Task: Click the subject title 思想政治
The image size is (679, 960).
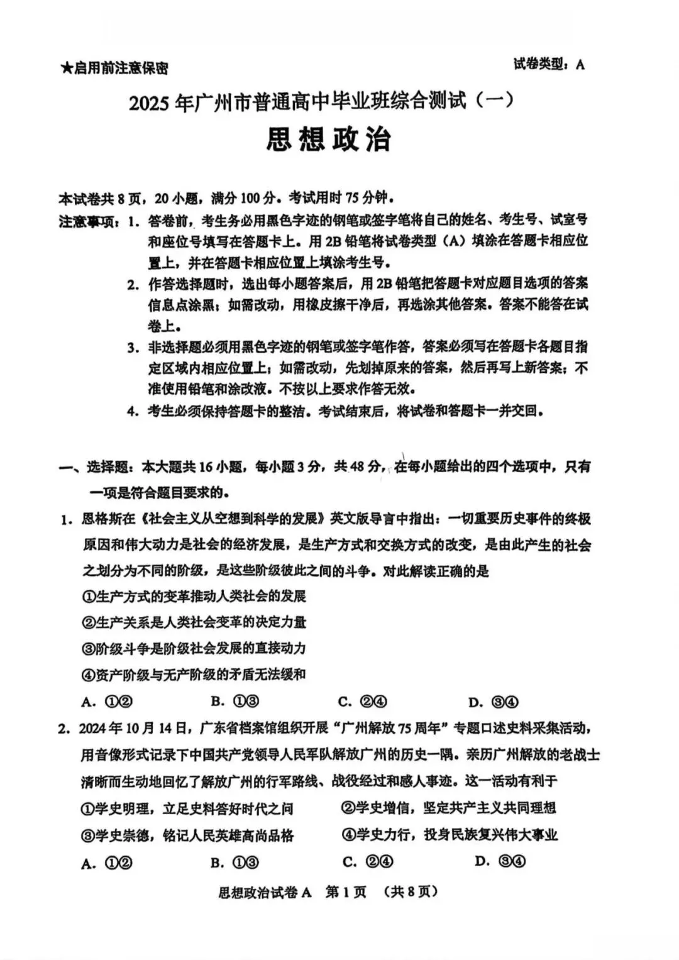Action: click(328, 139)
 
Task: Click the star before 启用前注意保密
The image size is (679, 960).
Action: click(66, 68)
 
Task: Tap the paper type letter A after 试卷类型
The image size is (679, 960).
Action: click(580, 65)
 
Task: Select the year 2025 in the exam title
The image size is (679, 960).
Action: click(150, 102)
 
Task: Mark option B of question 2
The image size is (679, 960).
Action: click(235, 863)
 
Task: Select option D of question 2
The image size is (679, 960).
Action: click(500, 861)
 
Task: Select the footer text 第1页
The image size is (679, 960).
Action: click(346, 892)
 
